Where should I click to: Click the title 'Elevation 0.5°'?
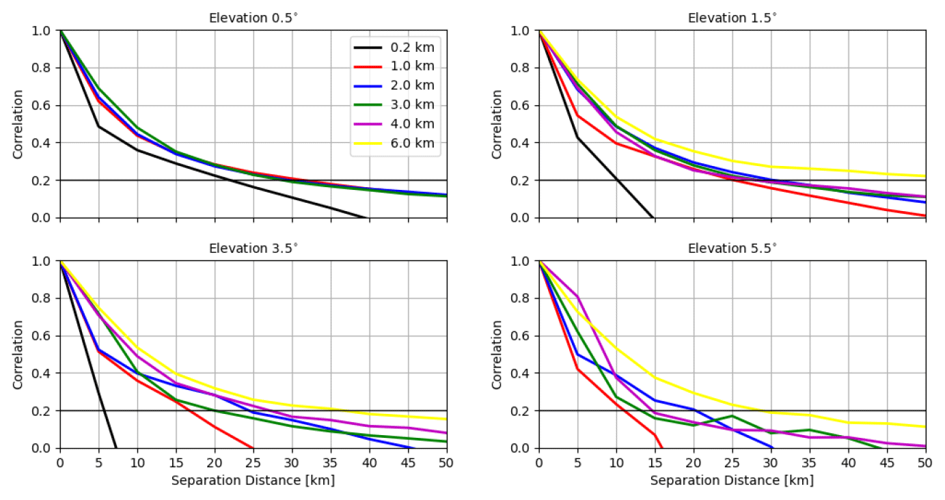254,18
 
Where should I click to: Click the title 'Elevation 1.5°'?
732,18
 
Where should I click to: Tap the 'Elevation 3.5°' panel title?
254,248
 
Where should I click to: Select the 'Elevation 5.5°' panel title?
732,248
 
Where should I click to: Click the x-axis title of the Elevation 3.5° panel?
254,481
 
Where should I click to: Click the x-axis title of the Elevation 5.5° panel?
732,481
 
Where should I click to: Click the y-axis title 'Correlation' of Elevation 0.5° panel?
18,124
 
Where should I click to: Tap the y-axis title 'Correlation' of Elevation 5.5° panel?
497,355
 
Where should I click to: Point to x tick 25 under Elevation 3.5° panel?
254,462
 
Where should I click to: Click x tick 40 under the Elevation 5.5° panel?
848,462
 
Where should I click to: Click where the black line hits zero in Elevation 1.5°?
654,217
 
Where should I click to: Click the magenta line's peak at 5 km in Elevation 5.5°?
577,296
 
